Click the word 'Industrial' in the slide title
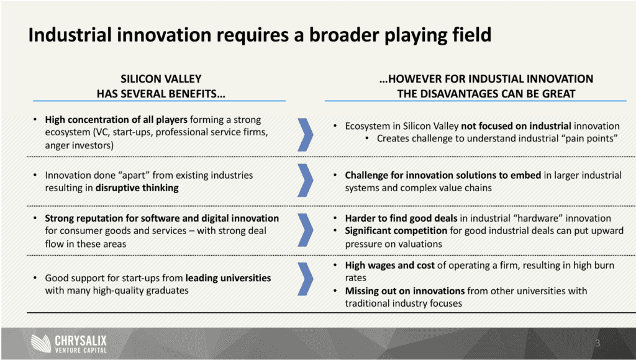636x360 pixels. [70, 35]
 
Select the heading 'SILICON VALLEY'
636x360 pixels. [161, 79]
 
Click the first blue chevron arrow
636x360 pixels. [306, 135]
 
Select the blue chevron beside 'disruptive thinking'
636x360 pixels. [306, 181]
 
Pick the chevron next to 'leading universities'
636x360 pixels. [306, 279]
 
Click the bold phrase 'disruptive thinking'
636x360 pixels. [137, 187]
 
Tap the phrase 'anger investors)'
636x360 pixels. [79, 145]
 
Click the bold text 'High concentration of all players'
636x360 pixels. [116, 120]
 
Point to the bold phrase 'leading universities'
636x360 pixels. [228, 277]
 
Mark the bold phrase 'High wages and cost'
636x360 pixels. [390, 265]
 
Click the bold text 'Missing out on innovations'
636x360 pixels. [405, 290]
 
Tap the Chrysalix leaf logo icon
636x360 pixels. [41, 344]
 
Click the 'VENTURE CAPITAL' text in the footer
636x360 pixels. [81, 350]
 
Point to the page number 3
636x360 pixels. [597, 343]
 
